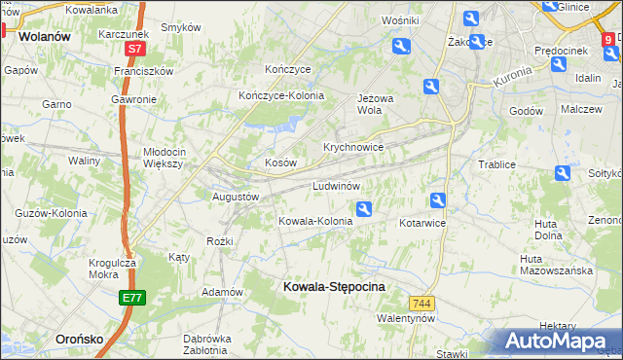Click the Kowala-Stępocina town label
[x=334, y=286]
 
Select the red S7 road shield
[x=134, y=48]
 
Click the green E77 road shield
[x=133, y=298]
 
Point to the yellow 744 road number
[x=421, y=304]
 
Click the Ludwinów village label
[x=337, y=185]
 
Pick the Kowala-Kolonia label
[x=315, y=221]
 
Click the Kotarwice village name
[x=421, y=223]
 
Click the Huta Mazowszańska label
[x=557, y=265]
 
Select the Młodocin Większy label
[x=177, y=158]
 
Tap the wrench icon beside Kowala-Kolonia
[x=364, y=208]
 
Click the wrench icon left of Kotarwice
[x=438, y=201]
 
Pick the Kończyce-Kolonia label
[x=281, y=95]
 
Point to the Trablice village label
[x=495, y=164]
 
